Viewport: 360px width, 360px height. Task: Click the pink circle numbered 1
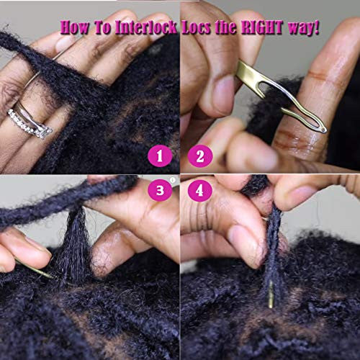(x=160, y=156)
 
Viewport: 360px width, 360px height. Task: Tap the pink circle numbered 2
(x=200, y=156)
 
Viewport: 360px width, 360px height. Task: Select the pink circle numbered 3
(x=160, y=191)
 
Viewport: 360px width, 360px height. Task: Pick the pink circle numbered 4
(x=200, y=191)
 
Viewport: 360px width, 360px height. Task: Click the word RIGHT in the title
(x=262, y=27)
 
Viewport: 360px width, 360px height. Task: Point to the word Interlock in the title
(x=146, y=27)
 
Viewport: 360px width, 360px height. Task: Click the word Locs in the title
(x=197, y=27)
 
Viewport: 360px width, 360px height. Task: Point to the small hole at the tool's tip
(x=324, y=130)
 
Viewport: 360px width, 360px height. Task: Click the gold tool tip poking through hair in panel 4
(x=271, y=294)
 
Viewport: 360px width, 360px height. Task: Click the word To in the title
(x=102, y=27)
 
